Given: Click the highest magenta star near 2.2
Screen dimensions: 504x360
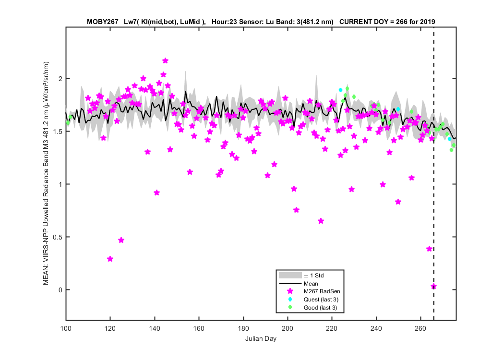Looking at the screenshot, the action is point(166,61).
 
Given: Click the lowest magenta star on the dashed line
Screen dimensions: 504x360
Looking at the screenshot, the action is point(433,287).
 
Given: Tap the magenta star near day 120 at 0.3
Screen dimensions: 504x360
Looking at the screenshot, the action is point(110,259).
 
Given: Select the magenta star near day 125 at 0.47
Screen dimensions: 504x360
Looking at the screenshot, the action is point(121,240).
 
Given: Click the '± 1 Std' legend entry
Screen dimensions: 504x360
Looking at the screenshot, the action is point(301,276).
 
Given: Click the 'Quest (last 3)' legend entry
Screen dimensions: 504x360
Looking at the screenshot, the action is point(313,300).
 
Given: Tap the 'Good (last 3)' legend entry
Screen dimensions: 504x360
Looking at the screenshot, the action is point(313,308).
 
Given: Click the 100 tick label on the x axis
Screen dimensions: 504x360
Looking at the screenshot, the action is point(66,328).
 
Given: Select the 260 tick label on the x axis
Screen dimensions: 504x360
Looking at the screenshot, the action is point(420,328).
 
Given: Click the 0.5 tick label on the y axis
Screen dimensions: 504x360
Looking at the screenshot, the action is point(58,237).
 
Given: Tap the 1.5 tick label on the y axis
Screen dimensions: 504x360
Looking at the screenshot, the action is point(58,132).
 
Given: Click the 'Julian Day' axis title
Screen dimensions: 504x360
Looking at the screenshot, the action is point(261,338).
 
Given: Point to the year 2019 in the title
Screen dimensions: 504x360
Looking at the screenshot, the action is point(427,22).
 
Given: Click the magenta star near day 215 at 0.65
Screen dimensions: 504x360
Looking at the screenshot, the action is point(321,221).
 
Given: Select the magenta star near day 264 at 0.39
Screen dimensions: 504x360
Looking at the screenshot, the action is point(430,249).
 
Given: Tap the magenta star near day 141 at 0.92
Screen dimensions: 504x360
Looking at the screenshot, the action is point(156,192).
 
